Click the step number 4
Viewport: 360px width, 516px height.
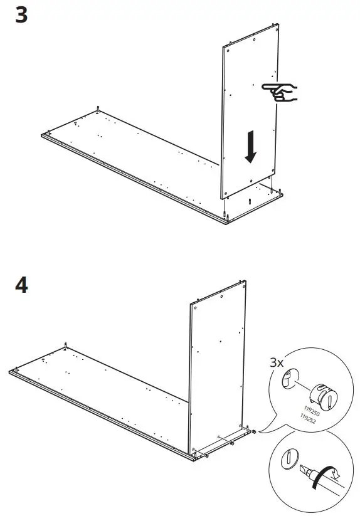click(21, 285)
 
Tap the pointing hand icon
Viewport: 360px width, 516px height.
click(280, 92)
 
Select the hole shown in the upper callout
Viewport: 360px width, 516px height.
click(288, 380)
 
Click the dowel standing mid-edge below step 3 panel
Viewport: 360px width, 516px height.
click(250, 203)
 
